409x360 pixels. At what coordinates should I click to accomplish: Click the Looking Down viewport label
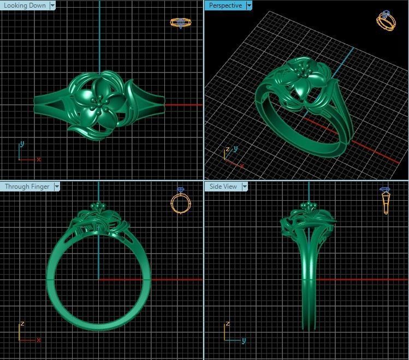(25, 5)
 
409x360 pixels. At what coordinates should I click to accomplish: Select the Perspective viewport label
(225, 5)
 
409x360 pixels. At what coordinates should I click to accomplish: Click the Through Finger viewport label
(27, 187)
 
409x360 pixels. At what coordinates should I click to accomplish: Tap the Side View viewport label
(223, 187)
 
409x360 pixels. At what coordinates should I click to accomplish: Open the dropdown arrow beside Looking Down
(52, 5)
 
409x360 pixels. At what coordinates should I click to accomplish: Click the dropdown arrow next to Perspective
(249, 5)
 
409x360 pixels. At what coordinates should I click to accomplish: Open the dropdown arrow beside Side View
(245, 187)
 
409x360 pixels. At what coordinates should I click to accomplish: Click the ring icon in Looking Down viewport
(181, 23)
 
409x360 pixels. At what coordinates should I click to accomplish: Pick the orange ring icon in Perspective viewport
(386, 21)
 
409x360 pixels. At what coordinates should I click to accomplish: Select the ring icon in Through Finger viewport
(181, 202)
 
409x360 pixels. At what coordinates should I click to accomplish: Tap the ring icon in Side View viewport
(386, 200)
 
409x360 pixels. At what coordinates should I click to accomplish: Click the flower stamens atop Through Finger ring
(99, 206)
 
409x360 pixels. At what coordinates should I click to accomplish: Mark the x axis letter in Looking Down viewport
(39, 159)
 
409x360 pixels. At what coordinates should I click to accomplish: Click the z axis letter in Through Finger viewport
(22, 323)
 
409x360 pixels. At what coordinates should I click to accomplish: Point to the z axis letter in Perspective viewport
(227, 148)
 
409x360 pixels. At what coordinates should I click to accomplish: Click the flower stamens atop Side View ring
(309, 206)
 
